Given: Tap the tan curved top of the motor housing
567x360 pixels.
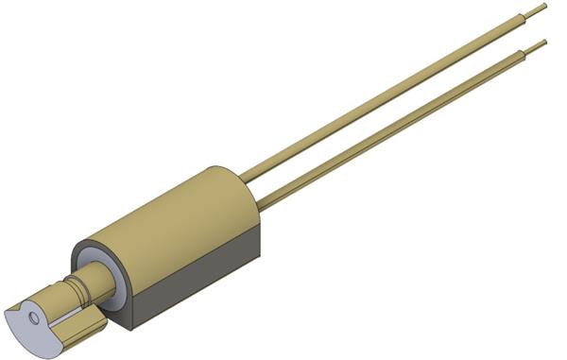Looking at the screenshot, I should coord(170,213).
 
